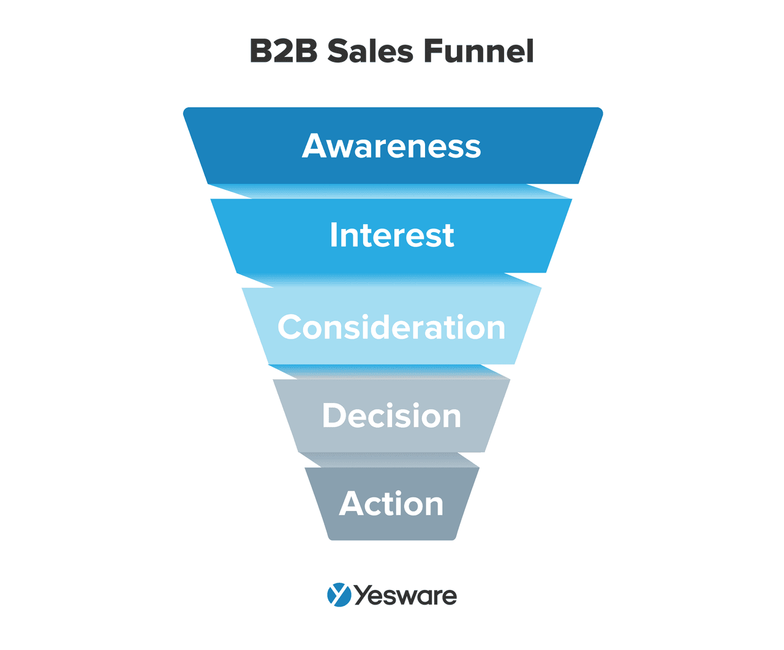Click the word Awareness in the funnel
(391, 146)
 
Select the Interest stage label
(391, 235)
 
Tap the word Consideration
(391, 328)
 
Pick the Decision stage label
(391, 416)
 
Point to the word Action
(391, 504)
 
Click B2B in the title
(284, 51)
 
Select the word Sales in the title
(371, 51)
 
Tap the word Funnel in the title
(478, 51)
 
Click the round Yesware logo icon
(339, 595)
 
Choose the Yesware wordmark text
(405, 595)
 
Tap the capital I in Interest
(334, 235)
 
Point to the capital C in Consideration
(292, 328)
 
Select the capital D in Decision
(335, 416)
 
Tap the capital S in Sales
(339, 51)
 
